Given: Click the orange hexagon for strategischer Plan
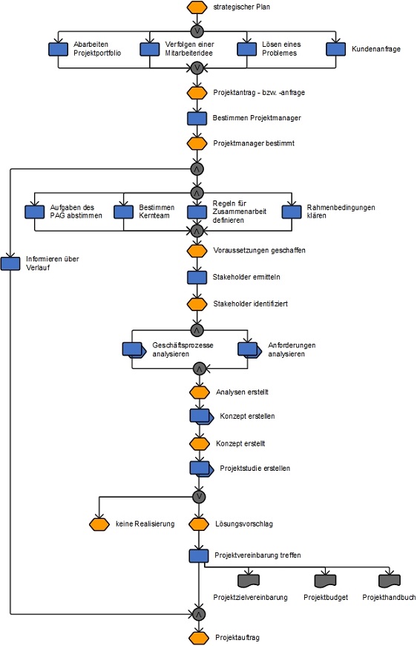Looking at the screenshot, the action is click(x=197, y=7).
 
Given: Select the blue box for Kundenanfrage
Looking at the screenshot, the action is click(x=335, y=49).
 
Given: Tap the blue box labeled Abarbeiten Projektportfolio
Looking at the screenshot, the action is click(x=59, y=49).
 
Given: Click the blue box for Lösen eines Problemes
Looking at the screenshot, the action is click(x=246, y=49).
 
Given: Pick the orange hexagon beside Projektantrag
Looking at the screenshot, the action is click(x=197, y=93).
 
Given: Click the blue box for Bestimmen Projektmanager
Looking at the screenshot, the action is click(x=197, y=118).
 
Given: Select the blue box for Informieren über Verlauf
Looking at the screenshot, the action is click(x=10, y=264).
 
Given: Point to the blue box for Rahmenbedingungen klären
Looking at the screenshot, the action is click(x=292, y=212).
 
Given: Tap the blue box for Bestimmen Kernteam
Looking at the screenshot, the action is click(x=123, y=212).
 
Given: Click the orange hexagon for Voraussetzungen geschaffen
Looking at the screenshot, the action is click(x=197, y=250).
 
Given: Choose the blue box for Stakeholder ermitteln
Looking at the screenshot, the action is click(x=197, y=277).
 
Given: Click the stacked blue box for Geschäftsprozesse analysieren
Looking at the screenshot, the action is click(x=134, y=350).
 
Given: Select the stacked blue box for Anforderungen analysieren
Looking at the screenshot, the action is click(x=249, y=350).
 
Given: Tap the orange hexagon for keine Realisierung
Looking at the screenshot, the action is click(x=99, y=524).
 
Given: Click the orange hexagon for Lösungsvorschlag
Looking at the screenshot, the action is click(x=199, y=524).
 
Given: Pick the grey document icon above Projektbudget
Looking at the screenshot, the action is click(x=325, y=581).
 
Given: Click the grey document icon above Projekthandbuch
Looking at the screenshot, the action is click(x=389, y=581).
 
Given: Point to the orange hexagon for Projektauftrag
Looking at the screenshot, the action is click(x=199, y=638).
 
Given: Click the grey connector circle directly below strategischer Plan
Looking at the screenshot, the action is click(x=197, y=31).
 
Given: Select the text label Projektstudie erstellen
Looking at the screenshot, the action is click(x=255, y=469).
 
